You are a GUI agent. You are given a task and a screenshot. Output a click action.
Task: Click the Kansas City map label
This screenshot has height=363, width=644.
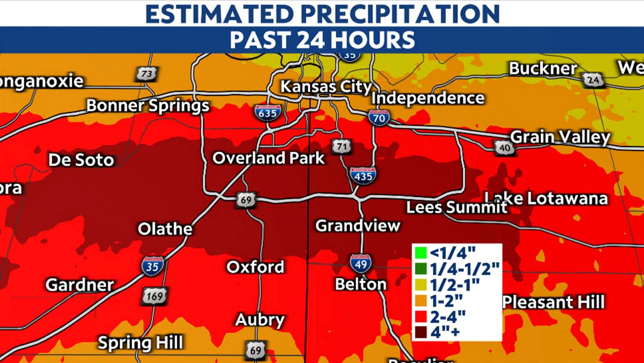click(326, 86)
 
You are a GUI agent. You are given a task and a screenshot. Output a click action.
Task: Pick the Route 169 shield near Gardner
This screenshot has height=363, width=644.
click(154, 296)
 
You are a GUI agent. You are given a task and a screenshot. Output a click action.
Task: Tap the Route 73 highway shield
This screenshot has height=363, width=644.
click(146, 74)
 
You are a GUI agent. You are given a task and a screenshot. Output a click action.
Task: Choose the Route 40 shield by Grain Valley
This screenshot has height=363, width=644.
click(504, 147)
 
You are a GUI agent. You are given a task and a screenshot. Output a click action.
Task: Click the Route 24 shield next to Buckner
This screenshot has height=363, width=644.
click(592, 80)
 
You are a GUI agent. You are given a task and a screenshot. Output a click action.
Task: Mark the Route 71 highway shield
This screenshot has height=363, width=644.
click(341, 147)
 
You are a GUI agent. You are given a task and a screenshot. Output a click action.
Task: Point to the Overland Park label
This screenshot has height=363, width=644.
click(269, 158)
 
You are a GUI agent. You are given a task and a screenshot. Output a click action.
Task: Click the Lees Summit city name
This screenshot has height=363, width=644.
click(457, 207)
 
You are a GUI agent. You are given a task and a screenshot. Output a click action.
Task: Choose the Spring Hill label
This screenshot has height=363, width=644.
click(140, 343)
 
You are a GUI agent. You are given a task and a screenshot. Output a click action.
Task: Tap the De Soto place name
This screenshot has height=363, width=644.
click(81, 160)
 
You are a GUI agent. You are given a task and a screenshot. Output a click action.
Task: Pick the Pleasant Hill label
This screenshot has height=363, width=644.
click(553, 302)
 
